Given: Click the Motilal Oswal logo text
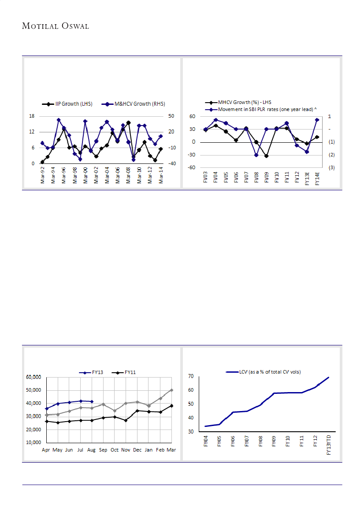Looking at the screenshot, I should (x=56, y=26).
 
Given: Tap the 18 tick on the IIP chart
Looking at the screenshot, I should (x=31, y=116).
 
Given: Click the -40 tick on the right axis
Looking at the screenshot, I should (x=171, y=163).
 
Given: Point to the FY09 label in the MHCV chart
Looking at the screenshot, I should (x=266, y=178).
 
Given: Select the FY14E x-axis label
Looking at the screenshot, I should (x=317, y=179).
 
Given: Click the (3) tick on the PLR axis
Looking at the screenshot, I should (x=331, y=168).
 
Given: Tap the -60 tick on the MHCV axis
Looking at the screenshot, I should (x=192, y=168).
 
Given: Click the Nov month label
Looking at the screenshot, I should (x=126, y=450).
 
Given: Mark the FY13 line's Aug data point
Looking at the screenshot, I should (x=92, y=401).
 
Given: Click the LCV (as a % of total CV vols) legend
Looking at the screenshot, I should (x=264, y=372).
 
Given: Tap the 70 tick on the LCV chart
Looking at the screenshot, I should (x=191, y=376).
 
